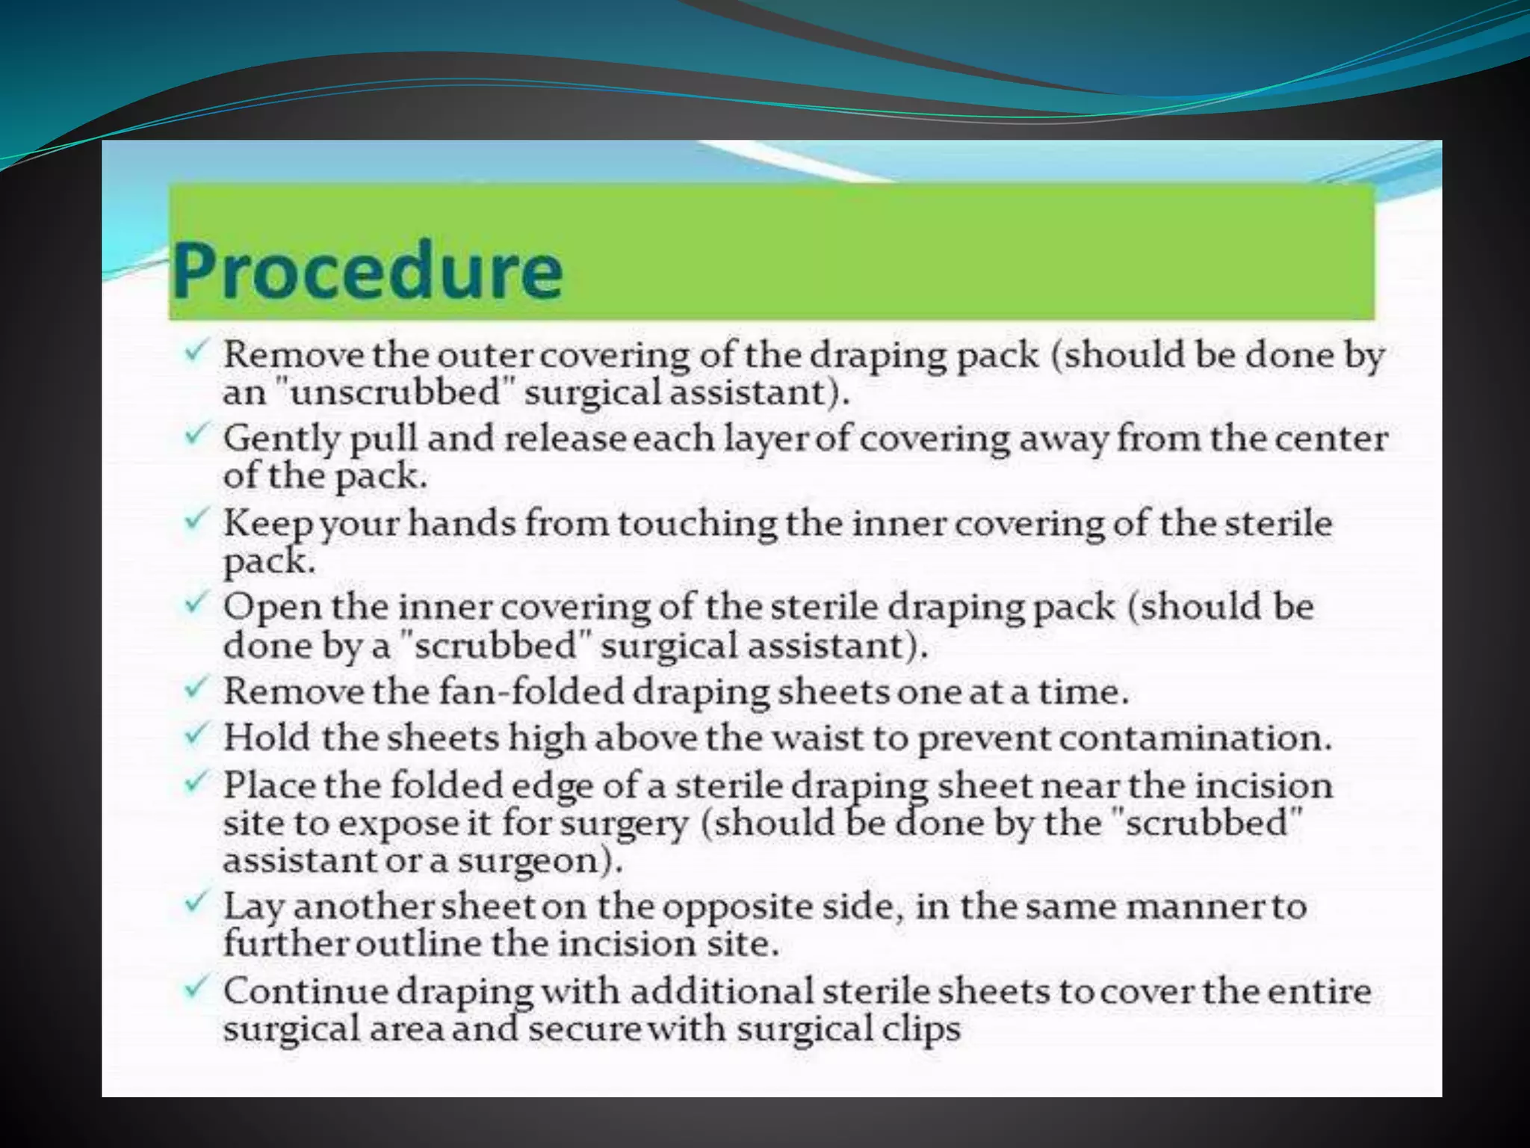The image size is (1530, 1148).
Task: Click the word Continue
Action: click(x=305, y=992)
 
